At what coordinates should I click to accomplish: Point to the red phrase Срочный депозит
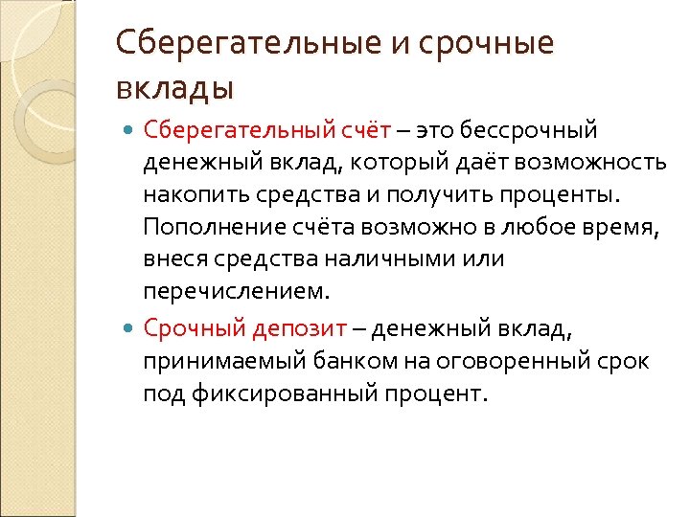pyautogui.click(x=244, y=329)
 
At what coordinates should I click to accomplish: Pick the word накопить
pyautogui.click(x=196, y=195)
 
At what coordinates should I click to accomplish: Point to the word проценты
pyautogui.click(x=564, y=195)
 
